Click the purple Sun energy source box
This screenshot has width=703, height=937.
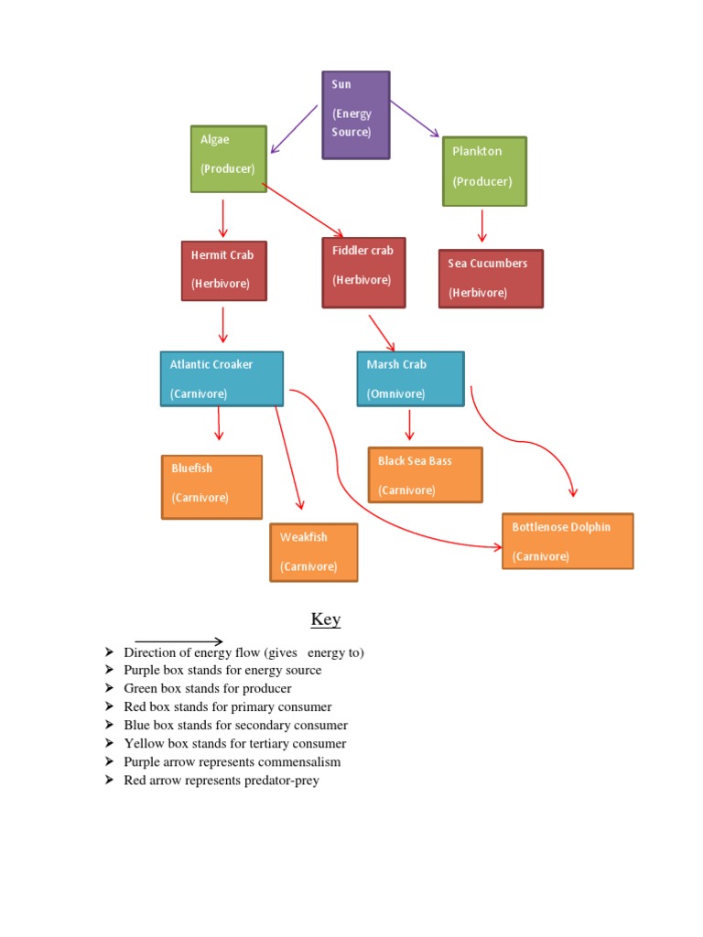click(x=356, y=115)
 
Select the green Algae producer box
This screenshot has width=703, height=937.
click(x=229, y=159)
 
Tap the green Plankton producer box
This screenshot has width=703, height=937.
click(x=484, y=172)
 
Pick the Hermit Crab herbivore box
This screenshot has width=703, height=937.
click(x=224, y=271)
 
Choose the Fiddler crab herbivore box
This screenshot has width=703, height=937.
click(x=363, y=273)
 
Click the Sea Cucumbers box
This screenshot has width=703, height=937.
click(x=491, y=279)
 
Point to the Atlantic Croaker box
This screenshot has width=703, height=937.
click(x=222, y=379)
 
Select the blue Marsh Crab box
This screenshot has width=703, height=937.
click(x=410, y=379)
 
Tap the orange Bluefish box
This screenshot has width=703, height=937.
click(x=211, y=487)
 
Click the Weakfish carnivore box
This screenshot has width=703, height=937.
click(x=313, y=553)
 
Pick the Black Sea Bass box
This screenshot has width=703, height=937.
click(x=425, y=475)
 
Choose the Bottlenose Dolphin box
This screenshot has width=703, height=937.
click(x=568, y=541)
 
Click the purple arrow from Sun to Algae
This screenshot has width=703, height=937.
click(x=294, y=129)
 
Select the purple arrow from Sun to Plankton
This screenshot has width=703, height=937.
click(x=415, y=119)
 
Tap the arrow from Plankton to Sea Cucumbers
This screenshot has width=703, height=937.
click(x=481, y=225)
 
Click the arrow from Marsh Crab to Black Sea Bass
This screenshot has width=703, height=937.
click(x=409, y=425)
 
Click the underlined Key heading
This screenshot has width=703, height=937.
click(x=326, y=619)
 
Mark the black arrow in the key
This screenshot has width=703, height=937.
click(x=178, y=641)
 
